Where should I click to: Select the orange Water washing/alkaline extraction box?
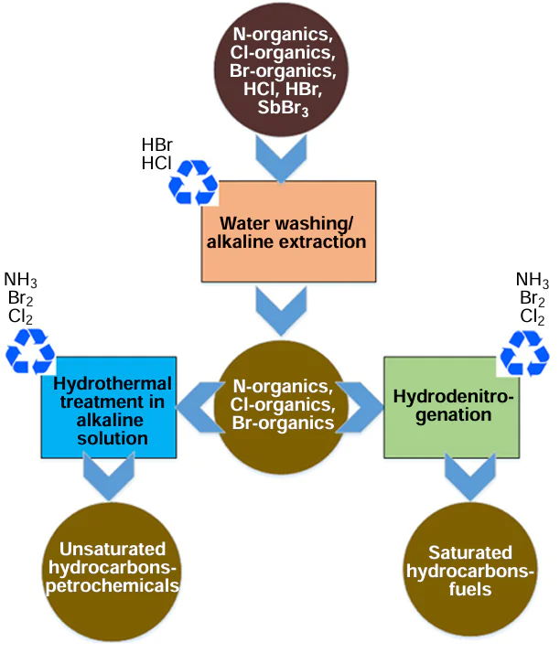(287, 230)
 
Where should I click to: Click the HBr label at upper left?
(156, 145)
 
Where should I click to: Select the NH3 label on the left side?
(21, 280)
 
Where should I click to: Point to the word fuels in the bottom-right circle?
(469, 590)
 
